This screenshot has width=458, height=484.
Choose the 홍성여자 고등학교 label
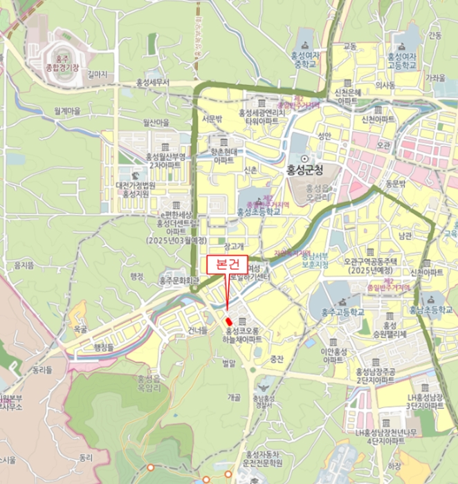(x=402, y=61)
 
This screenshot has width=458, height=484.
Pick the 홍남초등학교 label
(x=430, y=311)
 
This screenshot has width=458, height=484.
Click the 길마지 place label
(x=98, y=73)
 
